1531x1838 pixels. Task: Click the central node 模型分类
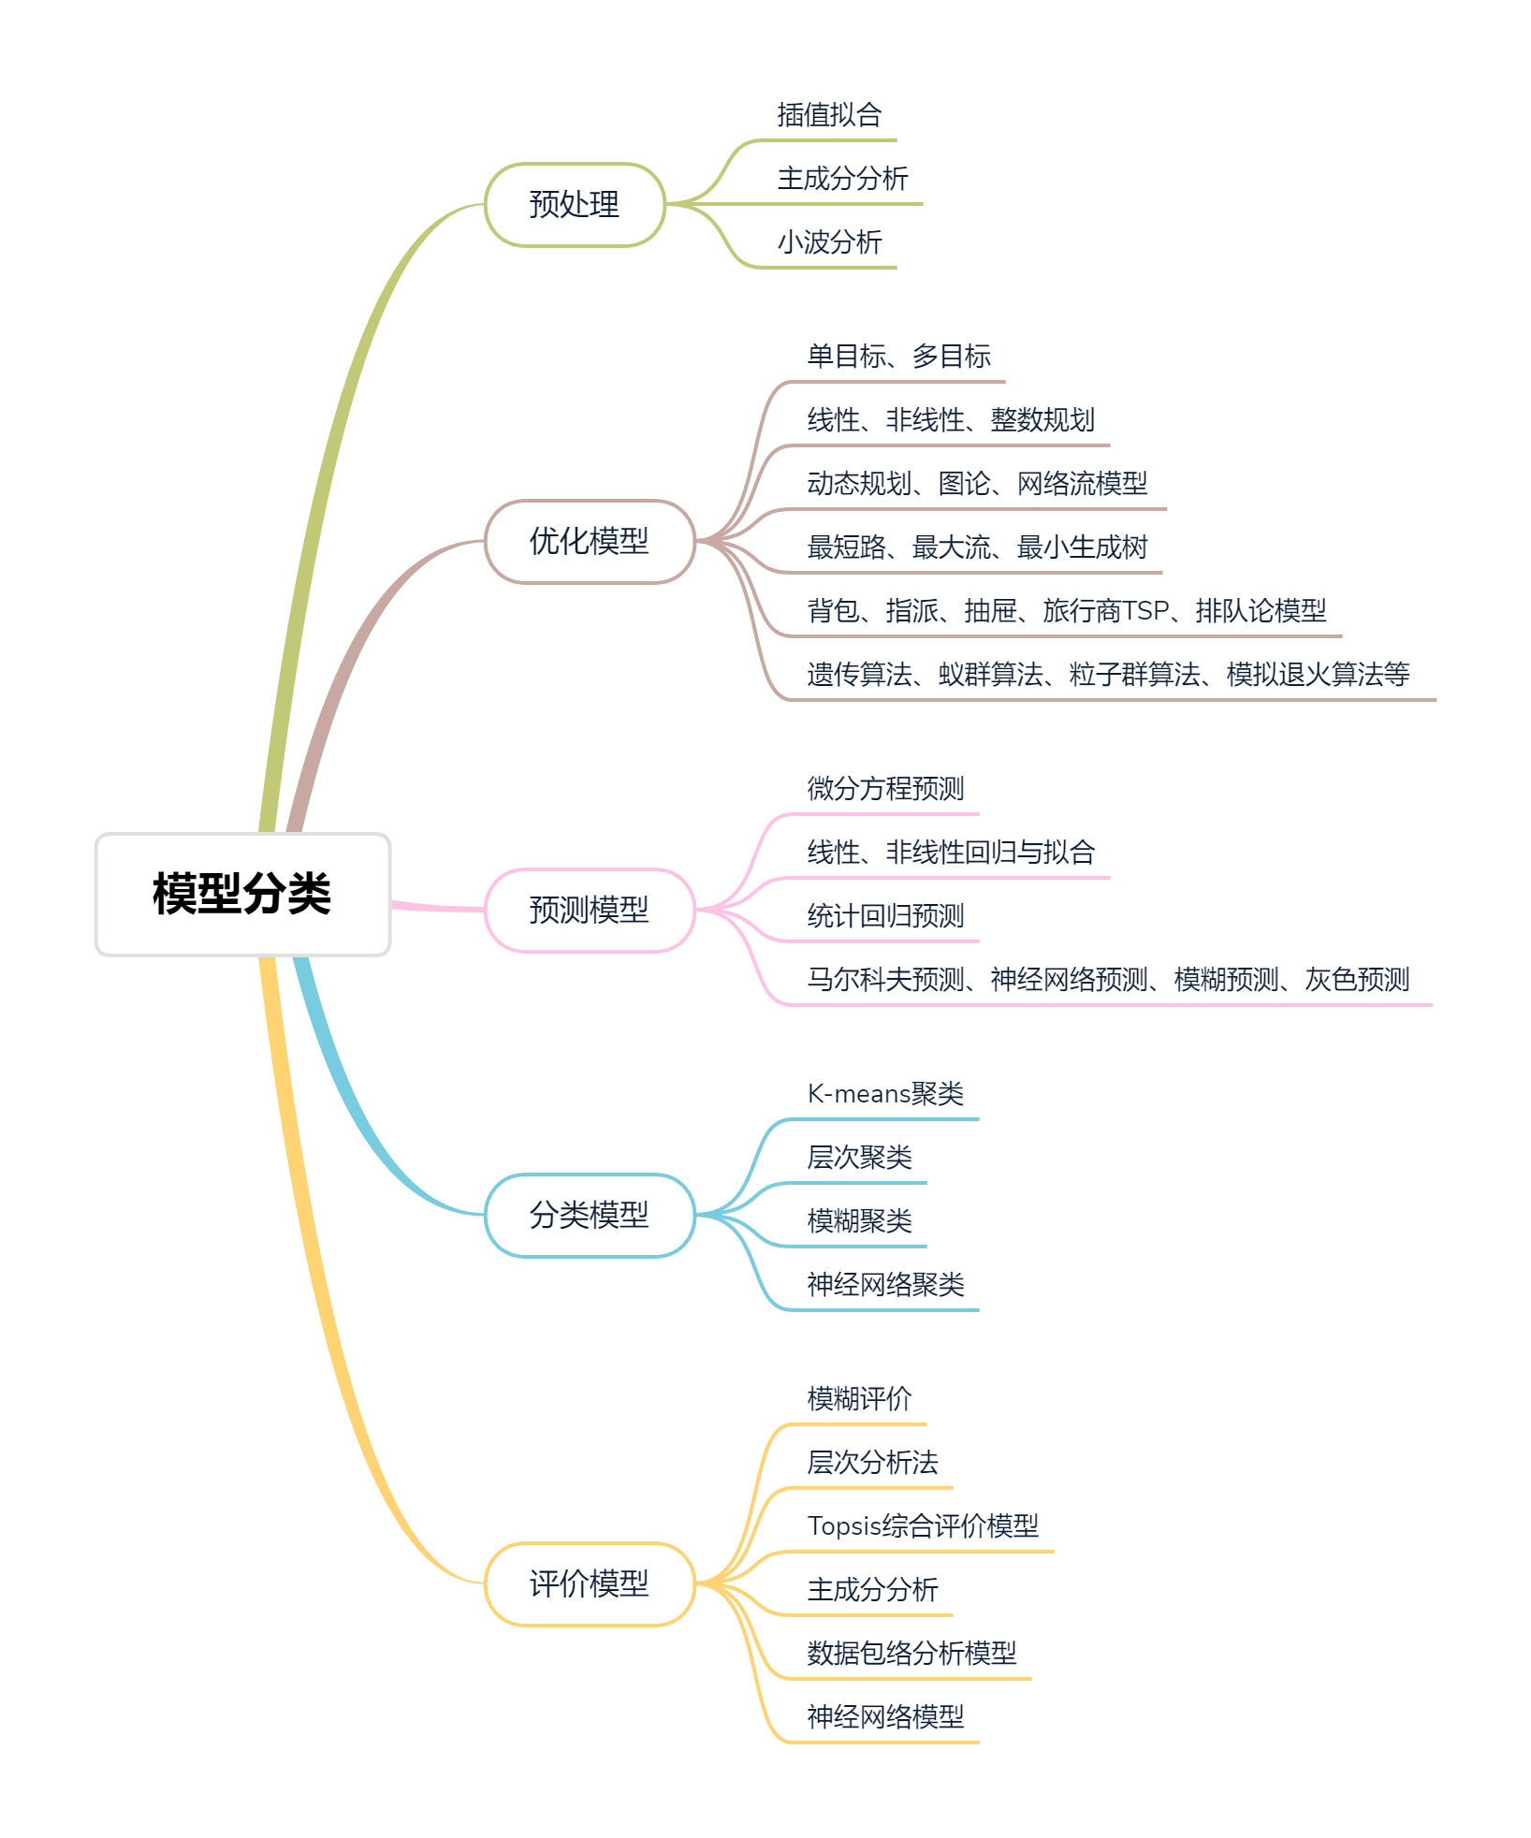click(x=242, y=894)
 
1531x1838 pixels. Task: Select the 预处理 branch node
click(x=575, y=204)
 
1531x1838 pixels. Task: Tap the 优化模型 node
click(x=589, y=541)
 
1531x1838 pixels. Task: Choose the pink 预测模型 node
click(x=589, y=910)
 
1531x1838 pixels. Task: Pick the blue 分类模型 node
click(x=589, y=1215)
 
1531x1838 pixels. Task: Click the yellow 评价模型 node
click(x=589, y=1583)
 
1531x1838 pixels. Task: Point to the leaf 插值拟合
click(x=829, y=115)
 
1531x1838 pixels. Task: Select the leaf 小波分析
click(x=829, y=242)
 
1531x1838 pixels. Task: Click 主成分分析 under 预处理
click(x=842, y=179)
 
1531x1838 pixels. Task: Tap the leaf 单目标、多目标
click(x=898, y=357)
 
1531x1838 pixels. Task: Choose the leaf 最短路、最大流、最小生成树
click(x=977, y=547)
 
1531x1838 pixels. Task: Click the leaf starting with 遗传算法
click(x=1108, y=675)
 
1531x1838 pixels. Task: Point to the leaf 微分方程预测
click(x=885, y=789)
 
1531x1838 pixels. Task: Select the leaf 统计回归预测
click(x=885, y=916)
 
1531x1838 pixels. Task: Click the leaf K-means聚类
click(x=885, y=1094)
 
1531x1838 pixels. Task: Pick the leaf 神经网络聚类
click(x=885, y=1285)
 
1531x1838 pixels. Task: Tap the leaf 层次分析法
click(x=872, y=1463)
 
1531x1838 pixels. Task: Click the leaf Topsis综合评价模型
click(x=923, y=1526)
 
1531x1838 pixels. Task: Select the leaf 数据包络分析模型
click(x=911, y=1654)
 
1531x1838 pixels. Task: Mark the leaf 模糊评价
click(x=859, y=1399)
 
